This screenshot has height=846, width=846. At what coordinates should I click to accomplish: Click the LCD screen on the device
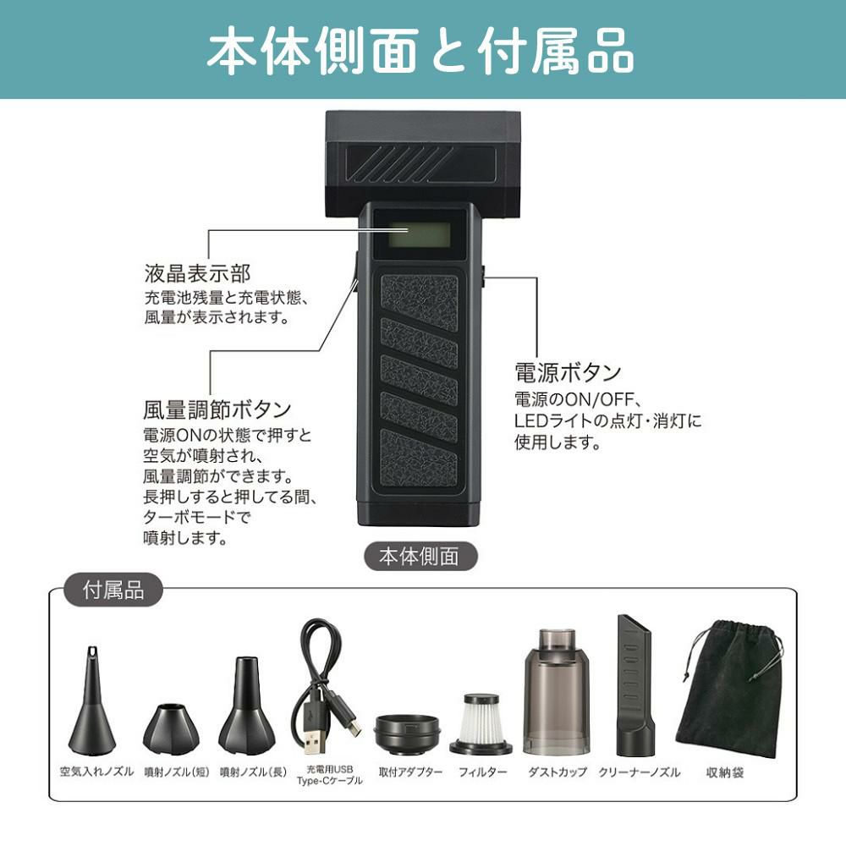(420, 234)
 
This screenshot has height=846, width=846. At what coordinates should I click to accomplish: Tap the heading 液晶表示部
(197, 273)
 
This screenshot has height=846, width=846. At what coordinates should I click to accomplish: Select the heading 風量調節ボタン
(217, 409)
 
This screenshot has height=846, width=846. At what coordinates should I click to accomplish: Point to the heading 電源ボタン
(568, 372)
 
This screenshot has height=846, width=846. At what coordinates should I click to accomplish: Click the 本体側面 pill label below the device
(420, 557)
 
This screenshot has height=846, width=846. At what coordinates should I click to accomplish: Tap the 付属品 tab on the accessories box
(113, 590)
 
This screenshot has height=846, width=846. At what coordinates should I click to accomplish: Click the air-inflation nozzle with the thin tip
(92, 700)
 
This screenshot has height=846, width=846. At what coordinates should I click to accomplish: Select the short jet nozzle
(171, 729)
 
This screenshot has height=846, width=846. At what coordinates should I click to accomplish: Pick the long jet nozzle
(246, 706)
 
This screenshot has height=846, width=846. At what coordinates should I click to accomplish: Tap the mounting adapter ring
(408, 733)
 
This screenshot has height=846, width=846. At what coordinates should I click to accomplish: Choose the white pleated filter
(481, 723)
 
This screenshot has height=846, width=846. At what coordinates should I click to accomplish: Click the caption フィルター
(483, 772)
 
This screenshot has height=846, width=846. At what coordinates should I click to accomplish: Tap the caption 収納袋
(725, 772)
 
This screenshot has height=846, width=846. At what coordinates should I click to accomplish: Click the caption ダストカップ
(558, 772)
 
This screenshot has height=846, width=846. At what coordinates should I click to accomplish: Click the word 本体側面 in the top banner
(312, 52)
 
